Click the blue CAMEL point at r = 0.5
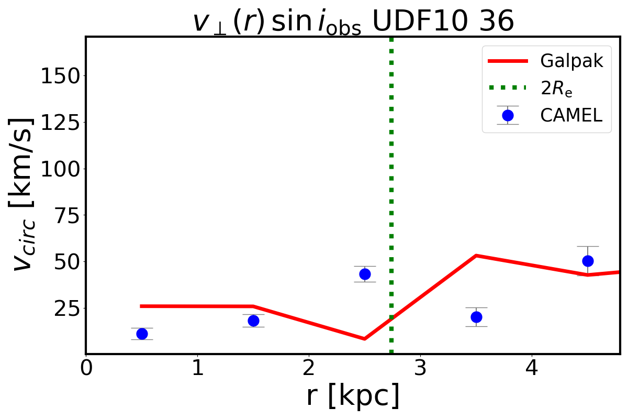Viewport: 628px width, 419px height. click(x=142, y=334)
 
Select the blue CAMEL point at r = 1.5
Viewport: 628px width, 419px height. click(x=253, y=321)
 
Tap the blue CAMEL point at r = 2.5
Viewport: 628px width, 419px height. click(x=365, y=274)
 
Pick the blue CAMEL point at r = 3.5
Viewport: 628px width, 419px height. click(x=476, y=317)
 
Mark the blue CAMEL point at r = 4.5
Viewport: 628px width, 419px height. click(x=588, y=261)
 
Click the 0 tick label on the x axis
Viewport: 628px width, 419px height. click(x=86, y=367)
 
